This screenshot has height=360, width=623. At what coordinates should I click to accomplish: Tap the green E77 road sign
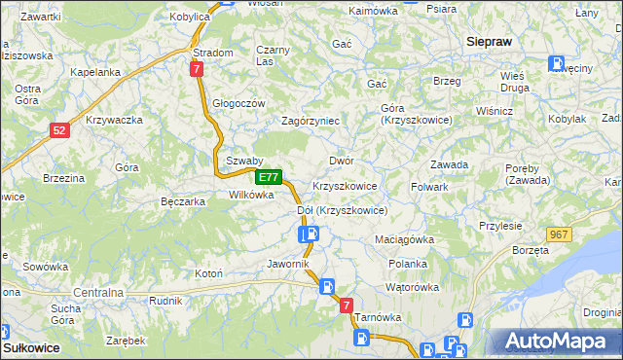point(270,178)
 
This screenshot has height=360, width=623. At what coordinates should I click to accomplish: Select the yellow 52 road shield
point(60,130)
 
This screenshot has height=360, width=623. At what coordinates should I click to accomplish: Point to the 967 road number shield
point(559,234)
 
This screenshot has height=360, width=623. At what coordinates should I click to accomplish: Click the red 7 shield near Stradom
point(197,69)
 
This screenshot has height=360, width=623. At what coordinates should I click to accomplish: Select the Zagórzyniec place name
point(310,121)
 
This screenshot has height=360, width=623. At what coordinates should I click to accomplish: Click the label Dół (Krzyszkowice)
point(342,210)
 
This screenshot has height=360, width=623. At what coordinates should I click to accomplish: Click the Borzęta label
point(530,250)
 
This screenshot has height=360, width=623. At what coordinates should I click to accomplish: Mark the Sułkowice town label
point(31,346)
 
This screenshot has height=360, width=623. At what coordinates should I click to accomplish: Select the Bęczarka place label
point(182,201)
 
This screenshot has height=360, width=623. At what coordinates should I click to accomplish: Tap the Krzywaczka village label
point(115,120)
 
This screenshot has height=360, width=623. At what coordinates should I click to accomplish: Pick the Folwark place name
point(429,186)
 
